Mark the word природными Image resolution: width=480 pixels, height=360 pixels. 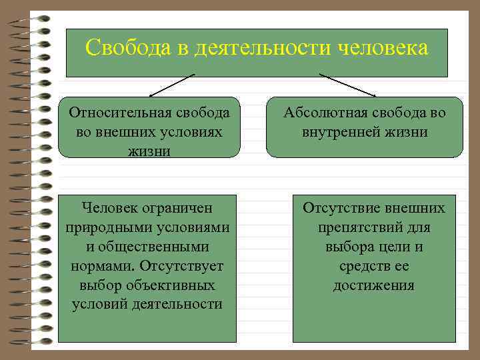[x=109, y=227]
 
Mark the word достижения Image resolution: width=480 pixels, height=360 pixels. [x=373, y=285]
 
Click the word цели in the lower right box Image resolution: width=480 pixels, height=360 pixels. [x=391, y=247]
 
